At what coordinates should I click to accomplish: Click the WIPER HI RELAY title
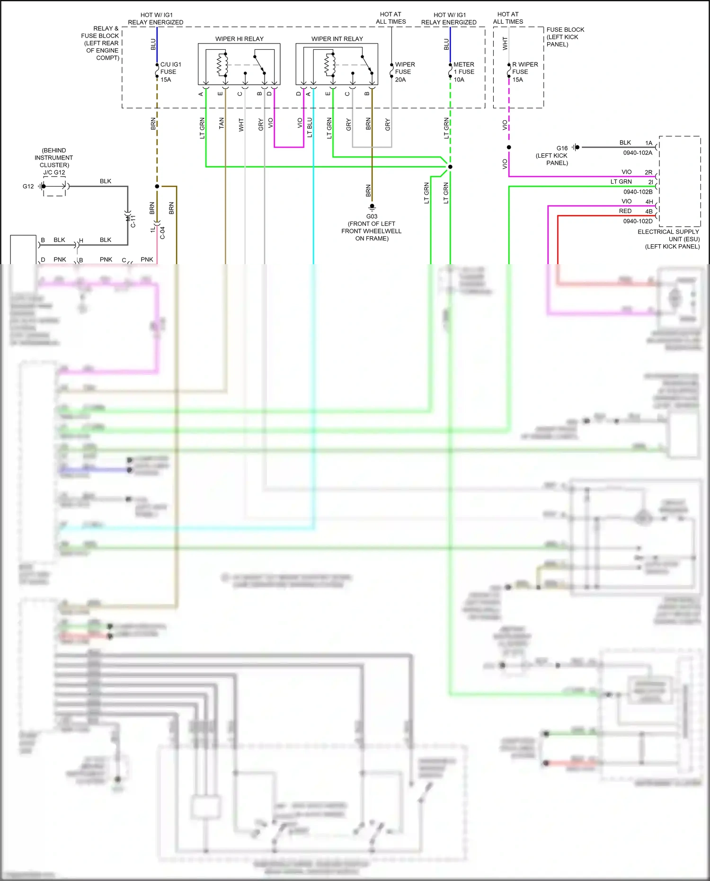[239, 39]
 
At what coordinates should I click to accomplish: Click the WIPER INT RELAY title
[337, 39]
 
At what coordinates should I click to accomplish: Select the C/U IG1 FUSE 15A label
[170, 72]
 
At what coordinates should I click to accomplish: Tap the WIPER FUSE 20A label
[405, 72]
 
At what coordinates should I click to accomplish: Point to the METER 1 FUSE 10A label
[463, 72]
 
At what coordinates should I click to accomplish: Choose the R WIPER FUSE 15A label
[524, 72]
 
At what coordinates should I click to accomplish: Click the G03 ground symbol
[372, 207]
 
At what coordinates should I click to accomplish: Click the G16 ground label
[562, 148]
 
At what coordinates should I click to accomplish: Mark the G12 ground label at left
[28, 187]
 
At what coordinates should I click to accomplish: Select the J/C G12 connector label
[54, 172]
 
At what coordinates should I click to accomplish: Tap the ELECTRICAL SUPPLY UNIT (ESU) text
[668, 239]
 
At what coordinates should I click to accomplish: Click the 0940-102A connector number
[638, 153]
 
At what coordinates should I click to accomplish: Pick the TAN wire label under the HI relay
[222, 124]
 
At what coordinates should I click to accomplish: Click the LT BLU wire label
[310, 127]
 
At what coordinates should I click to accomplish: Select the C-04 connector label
[162, 232]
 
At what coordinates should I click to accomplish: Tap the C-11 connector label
[133, 221]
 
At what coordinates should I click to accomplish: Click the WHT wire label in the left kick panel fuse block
[505, 44]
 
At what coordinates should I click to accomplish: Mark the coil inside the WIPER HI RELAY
[221, 65]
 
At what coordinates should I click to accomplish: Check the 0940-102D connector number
[638, 221]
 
